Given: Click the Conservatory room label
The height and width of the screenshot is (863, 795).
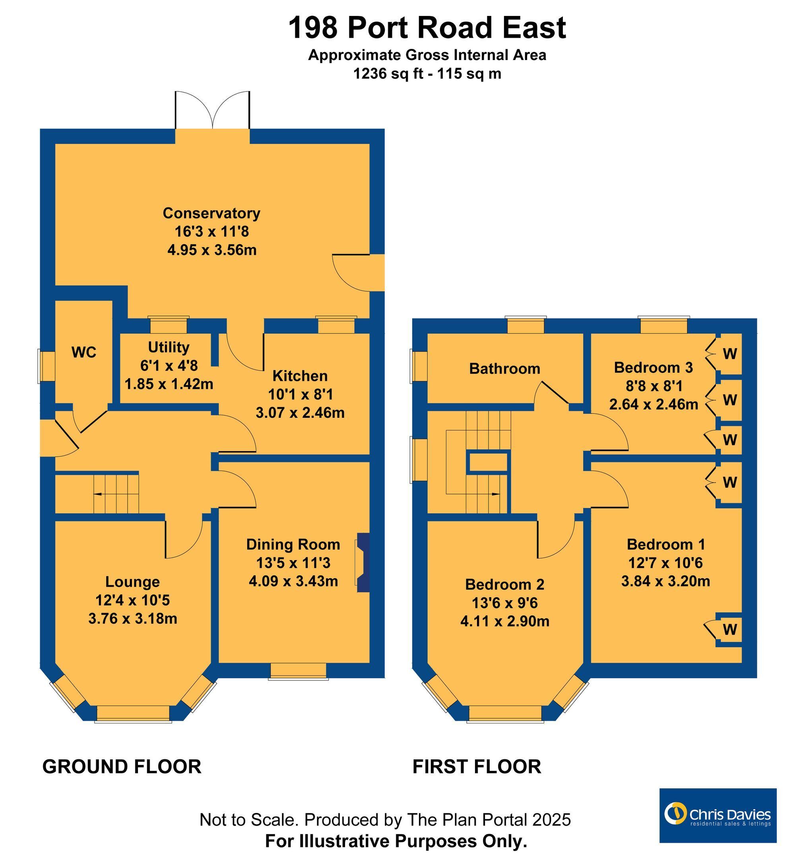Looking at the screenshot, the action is coord(211,213).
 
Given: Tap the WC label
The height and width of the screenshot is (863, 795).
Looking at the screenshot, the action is coord(84,352).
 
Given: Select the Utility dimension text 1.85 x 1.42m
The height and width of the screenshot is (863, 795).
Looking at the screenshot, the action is coord(169,384).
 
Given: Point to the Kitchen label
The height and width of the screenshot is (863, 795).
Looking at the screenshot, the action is coord(300,376).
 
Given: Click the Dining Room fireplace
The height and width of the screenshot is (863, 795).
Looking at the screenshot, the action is coord(363,563).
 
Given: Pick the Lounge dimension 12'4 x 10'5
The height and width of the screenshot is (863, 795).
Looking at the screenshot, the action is coord(133,600).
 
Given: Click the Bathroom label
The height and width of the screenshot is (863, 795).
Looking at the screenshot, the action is coord(504,368).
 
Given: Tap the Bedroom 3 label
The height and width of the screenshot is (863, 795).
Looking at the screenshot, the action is coord(653,367).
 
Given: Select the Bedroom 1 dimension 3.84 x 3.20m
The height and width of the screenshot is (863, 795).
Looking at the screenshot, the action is coord(665,582).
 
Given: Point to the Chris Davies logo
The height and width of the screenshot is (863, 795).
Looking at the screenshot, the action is coord(717,816).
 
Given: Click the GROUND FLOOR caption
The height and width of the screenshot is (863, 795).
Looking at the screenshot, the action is coord(122,767).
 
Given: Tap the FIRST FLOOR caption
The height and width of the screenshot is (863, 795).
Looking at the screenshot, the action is coord(477,767).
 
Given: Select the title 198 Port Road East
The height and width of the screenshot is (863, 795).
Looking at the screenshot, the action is coord(427,27).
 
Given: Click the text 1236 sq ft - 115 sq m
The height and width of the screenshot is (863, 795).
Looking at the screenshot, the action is coord(427,74).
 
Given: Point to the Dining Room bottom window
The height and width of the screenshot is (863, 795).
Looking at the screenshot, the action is coord(299,671).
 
